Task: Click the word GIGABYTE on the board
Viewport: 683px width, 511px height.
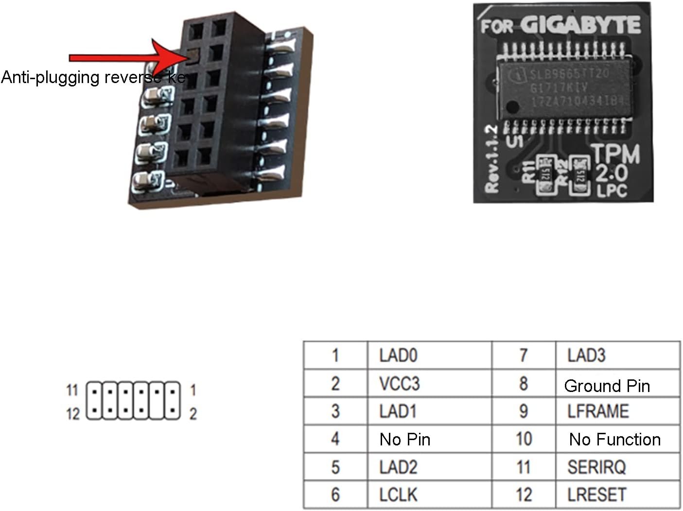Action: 580,25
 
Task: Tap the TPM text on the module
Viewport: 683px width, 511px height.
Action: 616,154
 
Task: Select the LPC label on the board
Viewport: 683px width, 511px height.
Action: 612,190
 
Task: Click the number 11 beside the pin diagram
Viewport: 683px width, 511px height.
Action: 72,390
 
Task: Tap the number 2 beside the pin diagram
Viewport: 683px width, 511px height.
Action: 193,414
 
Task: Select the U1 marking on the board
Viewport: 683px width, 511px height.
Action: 515,141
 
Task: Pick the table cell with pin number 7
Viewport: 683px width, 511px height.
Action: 523,356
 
